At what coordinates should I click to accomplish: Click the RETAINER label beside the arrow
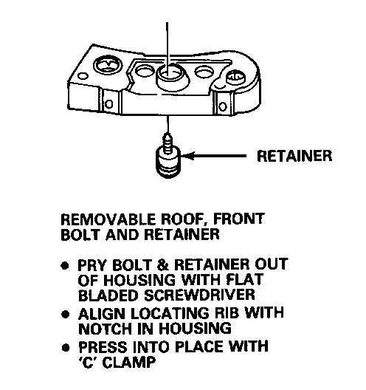[x=294, y=156]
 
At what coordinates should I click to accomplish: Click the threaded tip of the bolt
[x=168, y=141]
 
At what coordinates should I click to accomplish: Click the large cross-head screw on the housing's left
[x=108, y=65]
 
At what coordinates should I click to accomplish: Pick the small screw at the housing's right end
[x=235, y=78]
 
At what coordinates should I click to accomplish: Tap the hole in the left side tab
[x=108, y=103]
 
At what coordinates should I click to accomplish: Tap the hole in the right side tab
[x=223, y=106]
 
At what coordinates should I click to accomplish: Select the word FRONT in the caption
[x=239, y=219]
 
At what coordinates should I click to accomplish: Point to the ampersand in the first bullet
[x=163, y=265]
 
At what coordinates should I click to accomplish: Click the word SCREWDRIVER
[x=199, y=295]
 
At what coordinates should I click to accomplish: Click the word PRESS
[x=103, y=347]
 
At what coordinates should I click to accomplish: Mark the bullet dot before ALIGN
[x=66, y=315]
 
